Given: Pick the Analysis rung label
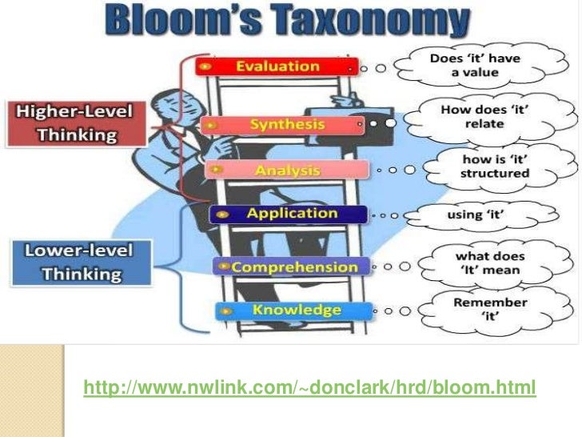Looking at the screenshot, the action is pos(287,170).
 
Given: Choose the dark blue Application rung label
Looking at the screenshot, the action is pos(289,214).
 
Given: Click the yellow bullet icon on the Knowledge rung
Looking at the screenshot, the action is pos(227,311).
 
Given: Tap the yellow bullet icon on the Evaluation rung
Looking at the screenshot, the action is pos(206,66).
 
